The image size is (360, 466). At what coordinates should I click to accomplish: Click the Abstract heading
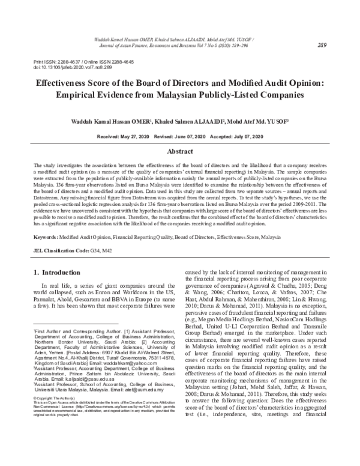179,153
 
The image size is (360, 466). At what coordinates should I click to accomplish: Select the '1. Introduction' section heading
60,271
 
